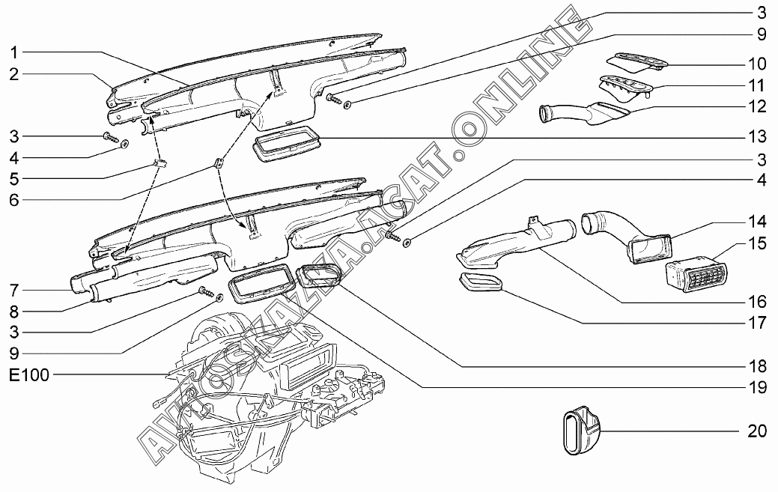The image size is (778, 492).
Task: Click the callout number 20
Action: click(x=757, y=431)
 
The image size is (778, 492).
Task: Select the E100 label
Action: click(x=29, y=374)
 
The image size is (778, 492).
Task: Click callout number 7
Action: click(x=14, y=290)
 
